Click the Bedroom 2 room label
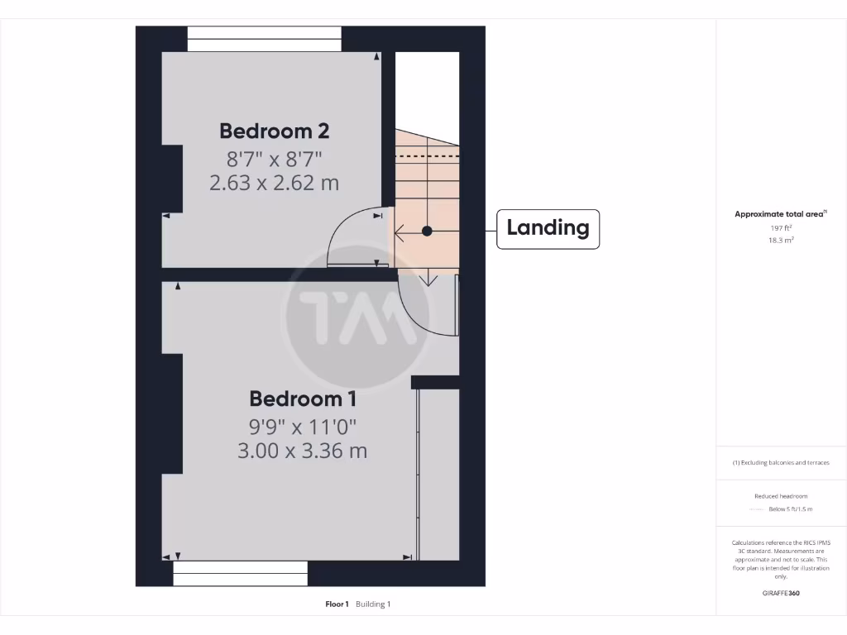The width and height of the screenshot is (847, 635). pos(275,131)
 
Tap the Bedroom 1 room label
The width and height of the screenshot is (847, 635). pos(303,399)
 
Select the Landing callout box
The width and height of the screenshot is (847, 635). pos(548,228)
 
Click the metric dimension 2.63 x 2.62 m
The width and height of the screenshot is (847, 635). pos(275,183)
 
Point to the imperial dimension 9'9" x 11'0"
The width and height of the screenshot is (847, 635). pos(303,427)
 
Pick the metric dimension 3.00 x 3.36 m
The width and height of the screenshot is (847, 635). pos(303,451)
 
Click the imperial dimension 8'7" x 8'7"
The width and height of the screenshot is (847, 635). pos(275,158)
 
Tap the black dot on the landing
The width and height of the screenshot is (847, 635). pos(427,232)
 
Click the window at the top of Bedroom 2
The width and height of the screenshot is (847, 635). pos(264,39)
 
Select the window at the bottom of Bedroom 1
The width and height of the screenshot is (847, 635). pos(240,573)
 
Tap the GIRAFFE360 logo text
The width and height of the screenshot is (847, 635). pos(782,593)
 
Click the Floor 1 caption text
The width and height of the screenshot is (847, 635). pos(337,604)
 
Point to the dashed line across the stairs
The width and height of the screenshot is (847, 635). pos(427,155)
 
